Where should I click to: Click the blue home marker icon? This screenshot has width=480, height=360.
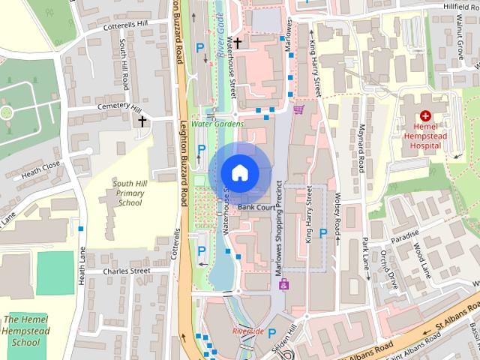tap(238, 172)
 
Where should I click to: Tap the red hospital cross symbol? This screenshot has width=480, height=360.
tap(425, 115)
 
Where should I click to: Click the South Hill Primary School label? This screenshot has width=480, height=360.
tap(129, 193)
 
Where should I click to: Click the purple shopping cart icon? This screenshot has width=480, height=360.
tap(298, 110)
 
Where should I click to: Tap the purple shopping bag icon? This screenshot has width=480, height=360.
tap(283, 284)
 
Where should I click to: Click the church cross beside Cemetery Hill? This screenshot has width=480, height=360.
tap(142, 120)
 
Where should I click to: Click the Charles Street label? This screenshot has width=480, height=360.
tap(127, 271)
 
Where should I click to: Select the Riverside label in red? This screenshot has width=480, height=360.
tap(247, 331)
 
